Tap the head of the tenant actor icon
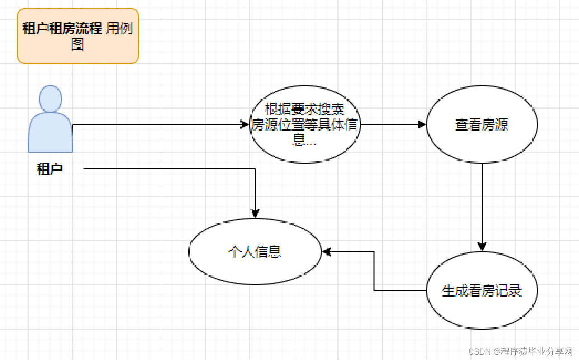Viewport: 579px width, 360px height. click(50, 98)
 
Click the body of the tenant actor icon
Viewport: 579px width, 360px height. click(50, 133)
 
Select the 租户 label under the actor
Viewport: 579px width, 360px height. click(50, 169)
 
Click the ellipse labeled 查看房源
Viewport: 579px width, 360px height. click(482, 124)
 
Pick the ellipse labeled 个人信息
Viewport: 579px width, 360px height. click(255, 251)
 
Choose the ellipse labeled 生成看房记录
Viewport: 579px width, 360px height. click(482, 290)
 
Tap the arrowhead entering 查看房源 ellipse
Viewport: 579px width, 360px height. click(422, 124)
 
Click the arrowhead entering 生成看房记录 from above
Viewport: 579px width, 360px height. click(482, 246)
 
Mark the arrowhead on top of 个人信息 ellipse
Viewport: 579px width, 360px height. click(255, 213)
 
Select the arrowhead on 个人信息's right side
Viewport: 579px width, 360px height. click(327, 251)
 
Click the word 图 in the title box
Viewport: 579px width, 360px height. click(78, 44)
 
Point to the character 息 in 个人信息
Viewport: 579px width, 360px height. click(275, 251)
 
